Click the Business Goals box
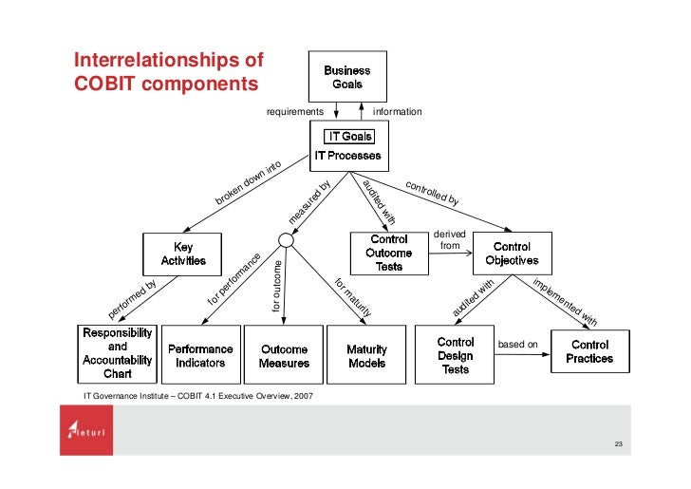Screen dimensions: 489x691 point(347,76)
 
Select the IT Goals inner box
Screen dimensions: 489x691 point(347,137)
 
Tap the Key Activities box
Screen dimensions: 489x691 point(182,254)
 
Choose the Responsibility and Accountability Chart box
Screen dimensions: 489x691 point(117,353)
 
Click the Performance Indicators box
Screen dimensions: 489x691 point(200,355)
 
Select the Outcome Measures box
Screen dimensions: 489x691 point(284,355)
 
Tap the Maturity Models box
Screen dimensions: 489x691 point(366,355)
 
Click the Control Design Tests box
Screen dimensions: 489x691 point(456,355)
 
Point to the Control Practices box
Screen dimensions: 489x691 point(589,352)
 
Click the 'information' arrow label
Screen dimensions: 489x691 point(397,112)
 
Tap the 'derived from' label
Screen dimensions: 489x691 point(450,240)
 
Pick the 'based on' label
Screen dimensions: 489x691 point(518,344)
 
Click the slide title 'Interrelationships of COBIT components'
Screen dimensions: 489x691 point(167,72)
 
